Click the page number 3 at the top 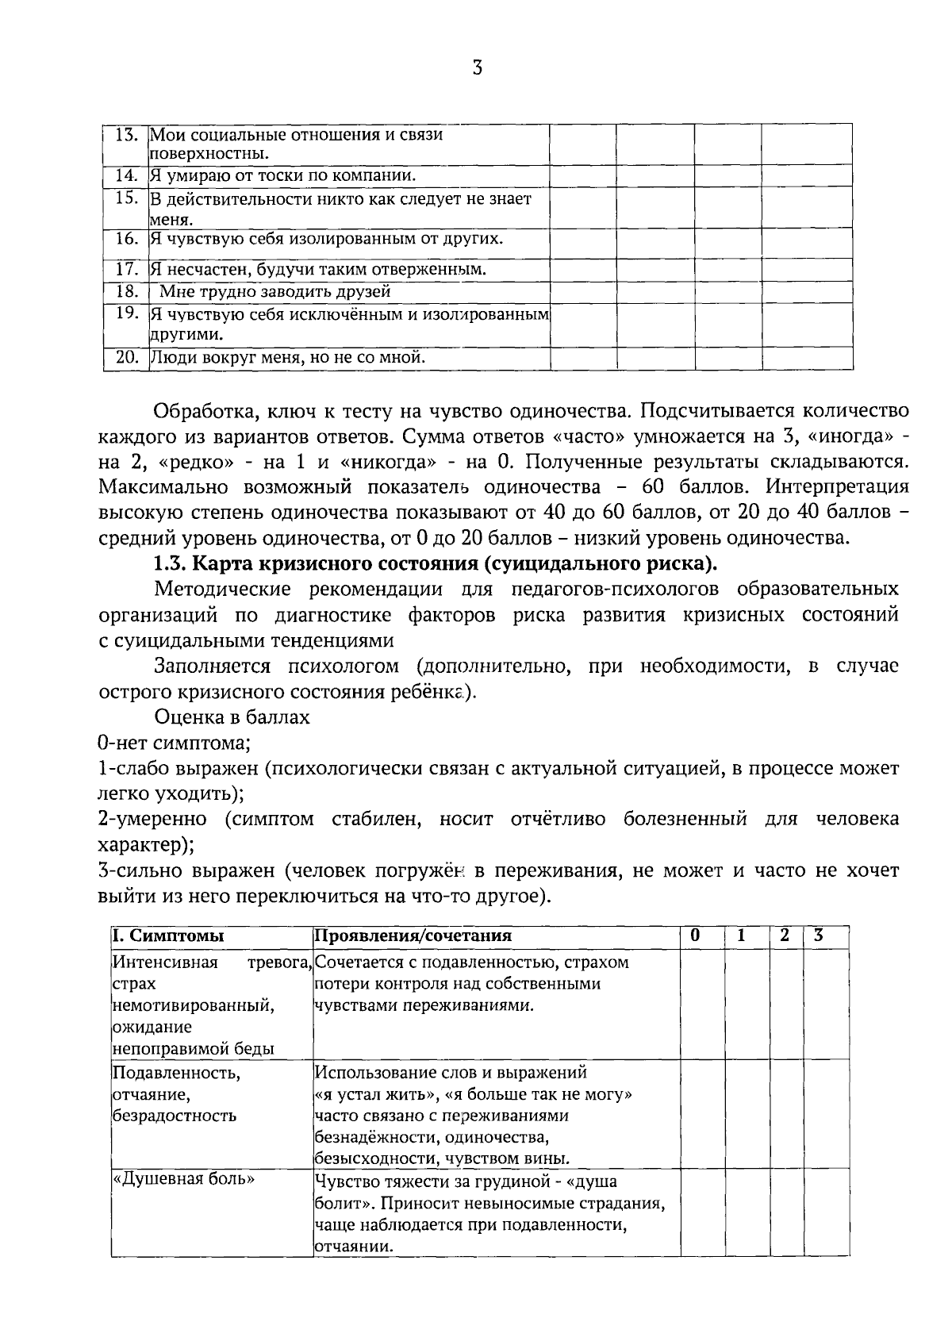pyautogui.click(x=477, y=68)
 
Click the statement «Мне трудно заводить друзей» pyautogui.click(x=274, y=291)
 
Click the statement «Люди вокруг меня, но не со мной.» pyautogui.click(x=288, y=358)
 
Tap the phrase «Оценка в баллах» pyautogui.click(x=232, y=717)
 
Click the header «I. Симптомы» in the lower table pyautogui.click(x=167, y=936)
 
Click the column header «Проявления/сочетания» pyautogui.click(x=413, y=936)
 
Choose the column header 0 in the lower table pyautogui.click(x=695, y=936)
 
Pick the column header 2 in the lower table pyautogui.click(x=784, y=936)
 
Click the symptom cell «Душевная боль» pyautogui.click(x=184, y=1179)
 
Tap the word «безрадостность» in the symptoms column pyautogui.click(x=174, y=1116)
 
